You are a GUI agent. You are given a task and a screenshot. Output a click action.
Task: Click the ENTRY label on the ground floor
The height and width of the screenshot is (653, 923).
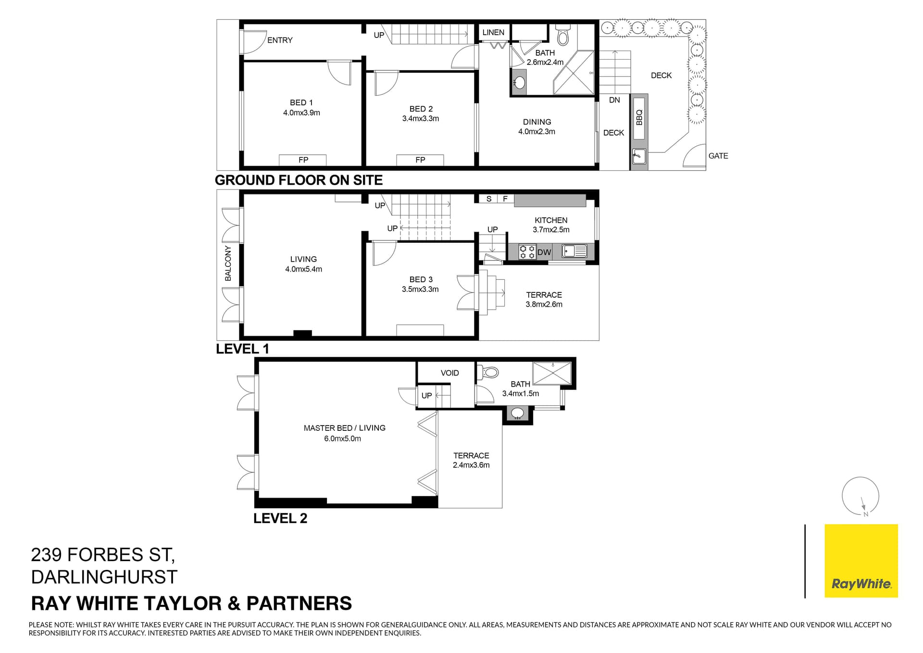pos(280,40)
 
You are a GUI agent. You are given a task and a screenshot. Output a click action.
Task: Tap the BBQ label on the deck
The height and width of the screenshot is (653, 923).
pos(639,118)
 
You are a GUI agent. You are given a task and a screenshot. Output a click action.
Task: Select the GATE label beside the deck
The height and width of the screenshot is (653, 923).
pos(718,156)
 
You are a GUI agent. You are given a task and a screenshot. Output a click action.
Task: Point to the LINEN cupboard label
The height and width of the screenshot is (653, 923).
pos(493,32)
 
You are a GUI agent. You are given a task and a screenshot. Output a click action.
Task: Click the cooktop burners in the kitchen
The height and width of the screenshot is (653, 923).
pos(527,252)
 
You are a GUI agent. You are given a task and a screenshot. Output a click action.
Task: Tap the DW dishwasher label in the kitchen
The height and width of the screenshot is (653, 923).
pos(544,252)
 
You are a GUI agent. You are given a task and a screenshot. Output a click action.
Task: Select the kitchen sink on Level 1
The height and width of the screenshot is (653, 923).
pos(574,251)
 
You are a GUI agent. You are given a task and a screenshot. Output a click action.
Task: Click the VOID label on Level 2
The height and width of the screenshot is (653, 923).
pos(450,373)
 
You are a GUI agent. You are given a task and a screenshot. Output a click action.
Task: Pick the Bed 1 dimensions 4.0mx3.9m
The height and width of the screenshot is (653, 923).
pos(301,113)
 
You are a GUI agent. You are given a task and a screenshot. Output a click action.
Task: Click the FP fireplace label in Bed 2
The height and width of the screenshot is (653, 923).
pos(420,160)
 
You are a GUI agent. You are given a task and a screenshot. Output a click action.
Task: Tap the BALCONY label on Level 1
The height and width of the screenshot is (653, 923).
pos(228,264)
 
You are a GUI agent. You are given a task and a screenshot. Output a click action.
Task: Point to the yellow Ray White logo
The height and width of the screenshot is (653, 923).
pos(861,561)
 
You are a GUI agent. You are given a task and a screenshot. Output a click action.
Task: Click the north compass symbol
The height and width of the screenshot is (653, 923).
pos(861,497)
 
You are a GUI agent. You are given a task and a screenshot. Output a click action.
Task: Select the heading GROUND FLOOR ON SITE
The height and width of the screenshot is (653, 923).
pos(299,180)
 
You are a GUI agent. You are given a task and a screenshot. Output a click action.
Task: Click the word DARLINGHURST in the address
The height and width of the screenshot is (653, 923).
pos(104,577)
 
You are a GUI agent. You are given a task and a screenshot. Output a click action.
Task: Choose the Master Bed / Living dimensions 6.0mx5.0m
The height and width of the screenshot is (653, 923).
pos(342,439)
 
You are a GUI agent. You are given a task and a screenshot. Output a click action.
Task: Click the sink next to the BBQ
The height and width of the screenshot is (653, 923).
pos(639,157)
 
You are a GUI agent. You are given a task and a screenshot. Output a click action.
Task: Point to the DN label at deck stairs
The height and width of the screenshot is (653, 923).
pos(614,100)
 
